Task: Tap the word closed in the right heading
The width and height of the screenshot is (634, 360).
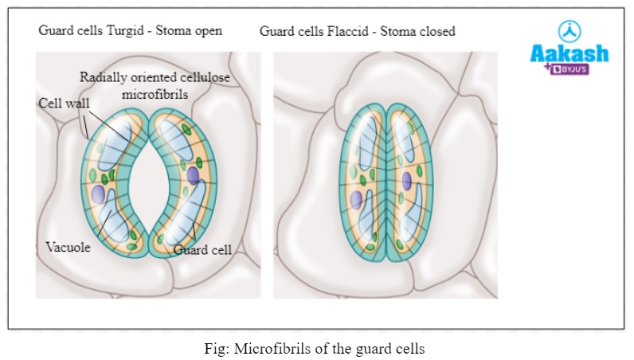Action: (x=435, y=32)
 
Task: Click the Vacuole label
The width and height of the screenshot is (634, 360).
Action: (x=68, y=248)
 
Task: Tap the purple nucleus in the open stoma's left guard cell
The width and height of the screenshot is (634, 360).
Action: (x=99, y=194)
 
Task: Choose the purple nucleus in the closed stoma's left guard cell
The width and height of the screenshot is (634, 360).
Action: (x=356, y=199)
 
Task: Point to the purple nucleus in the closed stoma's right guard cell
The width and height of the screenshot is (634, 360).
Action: (x=406, y=180)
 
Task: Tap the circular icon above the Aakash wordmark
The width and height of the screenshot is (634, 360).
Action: (x=570, y=29)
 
